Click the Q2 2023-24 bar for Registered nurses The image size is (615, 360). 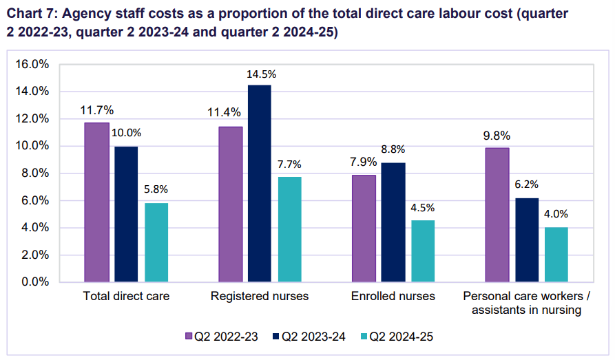point(260,184)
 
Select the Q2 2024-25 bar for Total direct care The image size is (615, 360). point(156,242)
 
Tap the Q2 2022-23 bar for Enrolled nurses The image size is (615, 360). point(364,229)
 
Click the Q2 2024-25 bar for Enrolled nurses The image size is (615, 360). point(423,251)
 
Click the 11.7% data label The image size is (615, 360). point(96,110)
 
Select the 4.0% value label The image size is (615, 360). point(556,214)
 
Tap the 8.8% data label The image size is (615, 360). point(393,149)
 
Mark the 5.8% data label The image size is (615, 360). point(156,189)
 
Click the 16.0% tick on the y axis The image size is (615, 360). point(32,64)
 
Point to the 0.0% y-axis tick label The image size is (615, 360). point(34,282)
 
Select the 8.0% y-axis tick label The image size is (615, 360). point(34,173)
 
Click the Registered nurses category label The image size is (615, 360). point(260,297)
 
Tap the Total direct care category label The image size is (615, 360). point(126,297)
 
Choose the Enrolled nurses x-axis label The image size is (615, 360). point(393,297)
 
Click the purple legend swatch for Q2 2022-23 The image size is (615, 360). point(190,337)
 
